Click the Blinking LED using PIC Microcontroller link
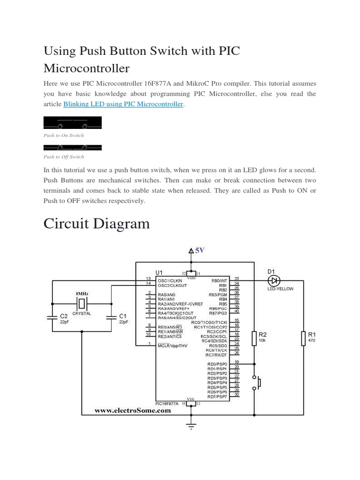(122, 104)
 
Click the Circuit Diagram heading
(97, 224)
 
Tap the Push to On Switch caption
(64, 135)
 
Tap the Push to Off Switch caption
(64, 157)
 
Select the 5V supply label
(200, 250)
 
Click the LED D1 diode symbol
(273, 281)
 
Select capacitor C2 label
(64, 316)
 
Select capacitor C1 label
(123, 316)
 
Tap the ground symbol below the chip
(191, 426)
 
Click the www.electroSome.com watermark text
(133, 410)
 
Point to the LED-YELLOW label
(280, 289)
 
